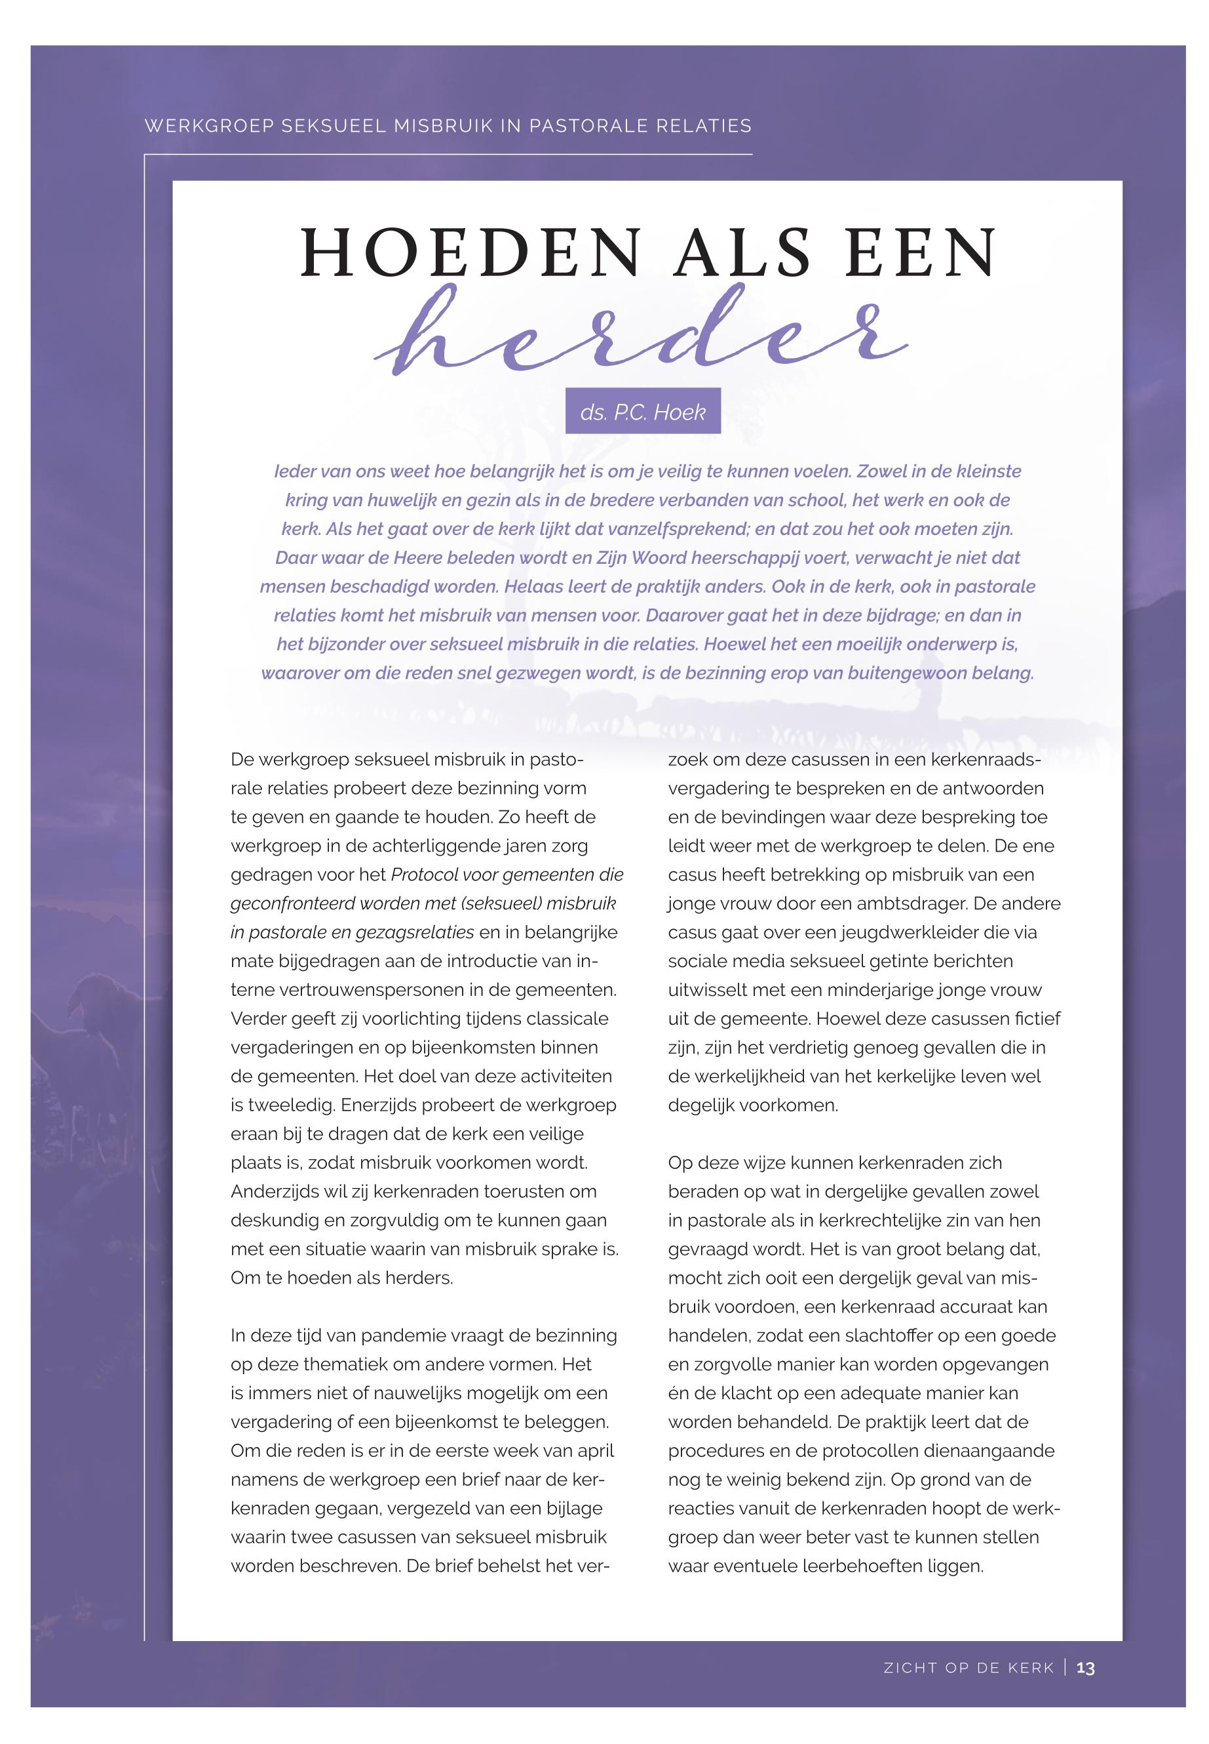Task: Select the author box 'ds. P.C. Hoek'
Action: pos(642,412)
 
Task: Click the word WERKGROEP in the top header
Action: pos(208,126)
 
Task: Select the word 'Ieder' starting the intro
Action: pos(293,471)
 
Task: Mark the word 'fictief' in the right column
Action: pos(1038,1019)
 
